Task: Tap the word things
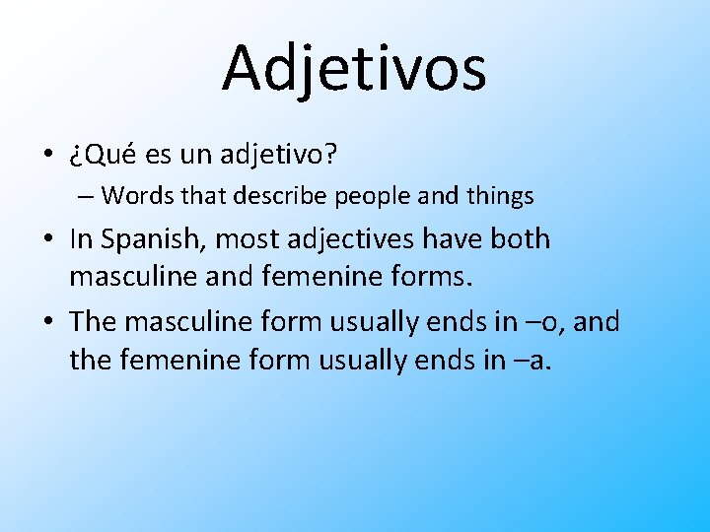498,196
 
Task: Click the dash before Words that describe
85,197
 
